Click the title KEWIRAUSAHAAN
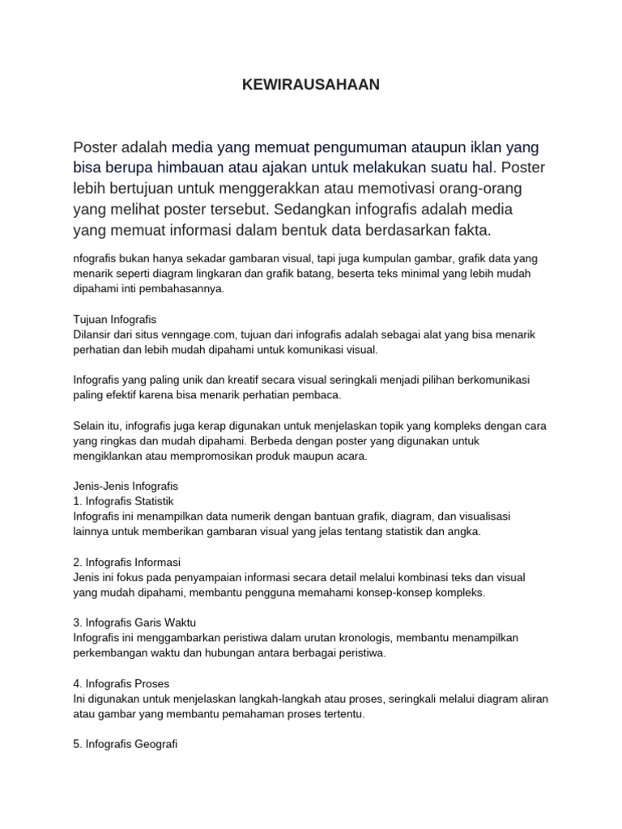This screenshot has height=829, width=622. pos(311,84)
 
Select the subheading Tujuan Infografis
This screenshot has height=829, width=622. pos(114,319)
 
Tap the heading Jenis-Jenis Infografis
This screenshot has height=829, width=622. pos(125,486)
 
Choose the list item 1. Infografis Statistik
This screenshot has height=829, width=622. pos(123,501)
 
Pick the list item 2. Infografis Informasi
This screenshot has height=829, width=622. pos(126,561)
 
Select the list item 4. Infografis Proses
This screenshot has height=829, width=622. pos(121,683)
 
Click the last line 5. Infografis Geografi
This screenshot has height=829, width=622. pos(125,744)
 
